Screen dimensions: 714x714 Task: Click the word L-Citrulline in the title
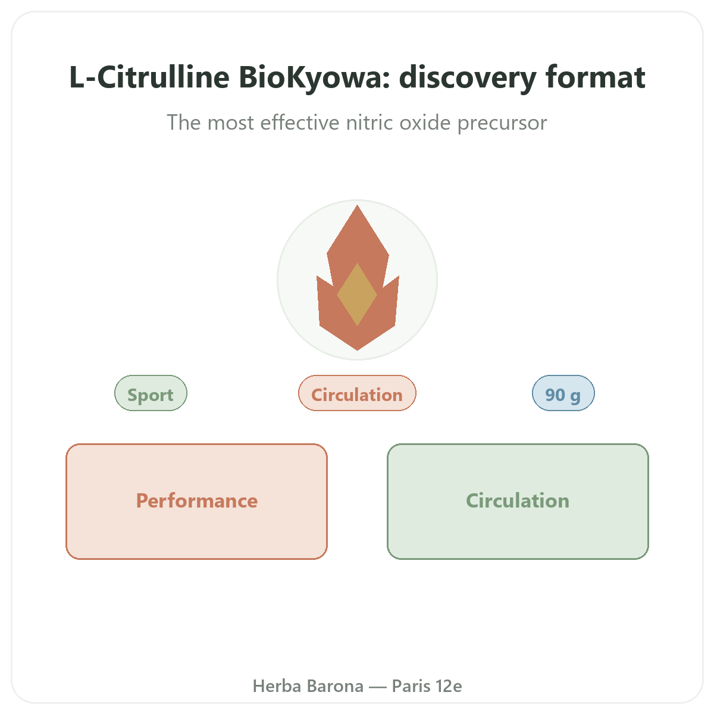point(149,77)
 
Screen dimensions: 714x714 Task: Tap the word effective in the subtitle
point(299,123)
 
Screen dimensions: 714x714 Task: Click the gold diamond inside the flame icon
point(357,295)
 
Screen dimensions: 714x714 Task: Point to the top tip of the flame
point(357,205)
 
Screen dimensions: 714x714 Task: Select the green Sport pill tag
point(151,393)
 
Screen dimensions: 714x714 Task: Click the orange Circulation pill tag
point(357,393)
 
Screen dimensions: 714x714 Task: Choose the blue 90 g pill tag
point(563,393)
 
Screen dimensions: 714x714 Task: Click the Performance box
point(197,502)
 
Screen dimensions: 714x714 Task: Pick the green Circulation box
point(518,502)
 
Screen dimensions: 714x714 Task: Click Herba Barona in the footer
point(308,686)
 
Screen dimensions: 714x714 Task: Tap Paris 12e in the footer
point(427,686)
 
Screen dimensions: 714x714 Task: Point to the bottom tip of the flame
point(357,350)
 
